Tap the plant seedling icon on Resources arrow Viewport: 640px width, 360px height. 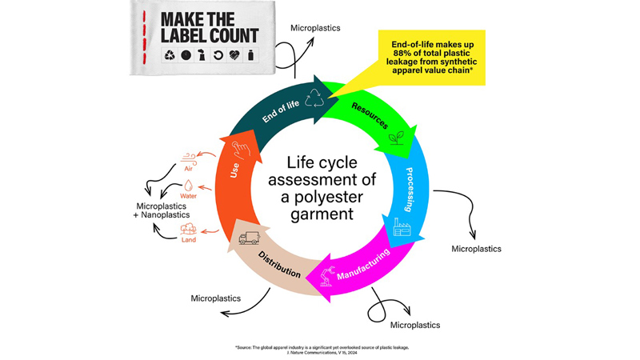point(395,138)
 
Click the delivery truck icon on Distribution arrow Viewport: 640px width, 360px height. point(250,237)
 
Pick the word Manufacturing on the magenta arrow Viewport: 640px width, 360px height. point(363,264)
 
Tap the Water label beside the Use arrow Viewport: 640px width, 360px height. point(189,196)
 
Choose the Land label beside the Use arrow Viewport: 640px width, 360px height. point(189,238)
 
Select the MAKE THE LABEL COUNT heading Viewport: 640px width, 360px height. point(210,28)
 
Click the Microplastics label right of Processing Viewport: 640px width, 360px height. point(476,249)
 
